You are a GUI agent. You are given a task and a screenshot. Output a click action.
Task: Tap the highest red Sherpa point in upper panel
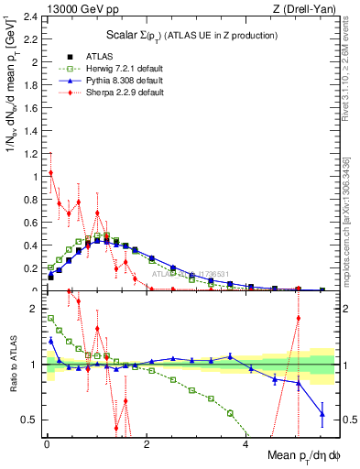coord(50,173)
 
